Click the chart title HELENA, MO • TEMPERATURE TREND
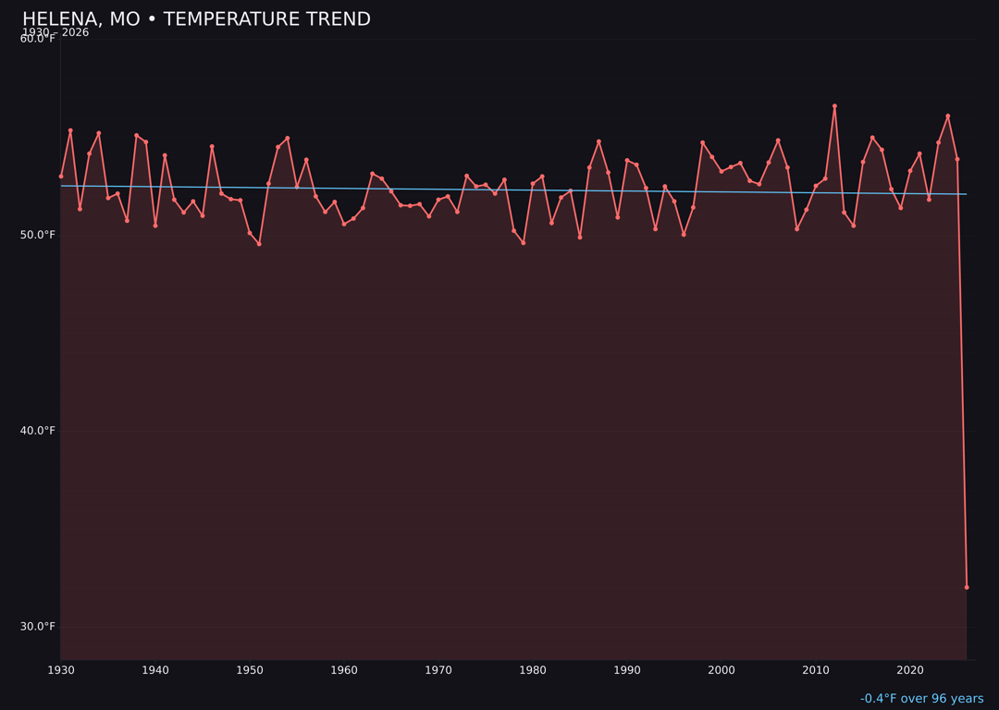click(x=196, y=19)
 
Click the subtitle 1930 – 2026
click(x=55, y=32)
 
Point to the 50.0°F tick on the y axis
click(x=38, y=235)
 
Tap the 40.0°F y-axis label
click(x=38, y=431)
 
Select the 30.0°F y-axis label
click(x=38, y=627)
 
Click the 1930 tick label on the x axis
click(x=61, y=670)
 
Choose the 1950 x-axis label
click(x=250, y=670)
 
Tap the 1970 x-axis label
click(x=438, y=670)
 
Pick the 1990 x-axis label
click(x=627, y=670)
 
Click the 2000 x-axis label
click(x=721, y=670)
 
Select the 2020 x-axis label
click(x=910, y=670)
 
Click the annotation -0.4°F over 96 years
click(x=921, y=699)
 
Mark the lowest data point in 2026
click(x=967, y=587)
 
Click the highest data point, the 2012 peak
click(x=834, y=106)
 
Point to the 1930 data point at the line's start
click(x=61, y=176)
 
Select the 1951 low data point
click(x=259, y=244)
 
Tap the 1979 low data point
click(x=524, y=243)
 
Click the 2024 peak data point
click(x=948, y=116)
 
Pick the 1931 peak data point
click(x=70, y=130)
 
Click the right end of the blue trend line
click(x=967, y=194)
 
